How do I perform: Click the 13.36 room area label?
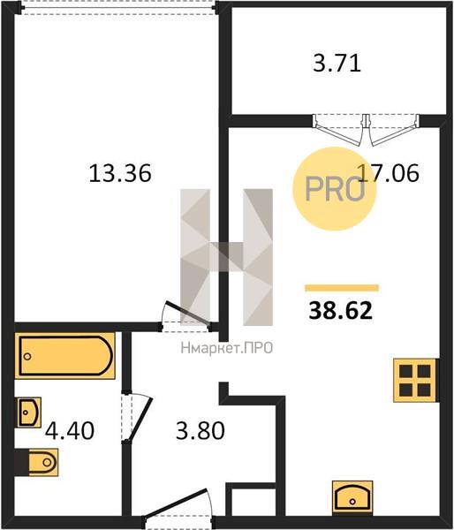(x=120, y=173)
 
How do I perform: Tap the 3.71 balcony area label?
(x=337, y=64)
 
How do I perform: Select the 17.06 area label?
(x=388, y=172)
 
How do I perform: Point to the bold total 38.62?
(x=340, y=311)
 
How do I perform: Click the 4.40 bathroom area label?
(x=70, y=431)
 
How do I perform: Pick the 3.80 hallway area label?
(x=201, y=431)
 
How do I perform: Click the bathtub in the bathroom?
(x=64, y=356)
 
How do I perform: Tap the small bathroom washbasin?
(x=29, y=412)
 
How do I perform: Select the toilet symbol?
(x=36, y=462)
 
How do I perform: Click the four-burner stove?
(x=416, y=380)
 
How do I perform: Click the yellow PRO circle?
(x=335, y=189)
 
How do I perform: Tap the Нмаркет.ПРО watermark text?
(x=227, y=348)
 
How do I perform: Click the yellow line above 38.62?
(x=342, y=288)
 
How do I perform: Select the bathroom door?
(x=137, y=417)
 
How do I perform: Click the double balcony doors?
(x=366, y=130)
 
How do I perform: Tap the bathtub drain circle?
(x=27, y=356)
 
